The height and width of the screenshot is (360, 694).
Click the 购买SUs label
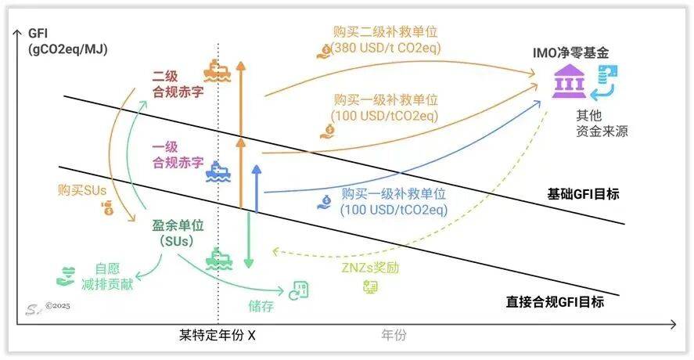(x=82, y=190)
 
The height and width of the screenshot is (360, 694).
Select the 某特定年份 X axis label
(x=217, y=335)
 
